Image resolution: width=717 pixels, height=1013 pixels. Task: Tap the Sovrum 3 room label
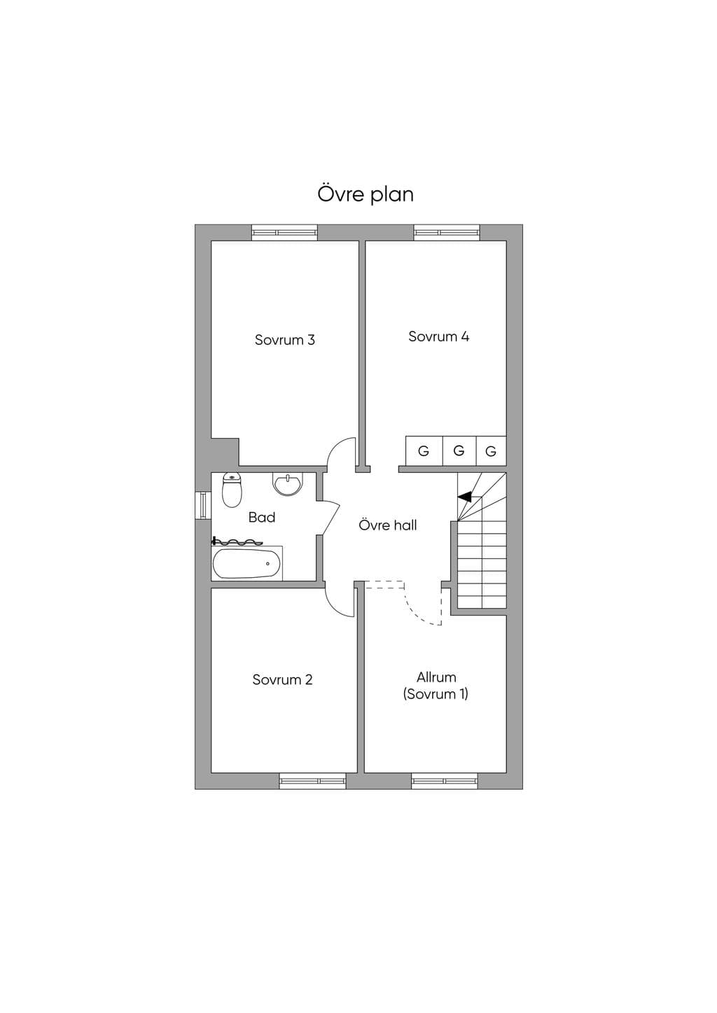click(285, 339)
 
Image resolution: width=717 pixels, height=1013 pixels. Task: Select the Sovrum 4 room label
click(438, 336)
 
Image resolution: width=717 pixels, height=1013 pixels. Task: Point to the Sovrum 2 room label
click(282, 680)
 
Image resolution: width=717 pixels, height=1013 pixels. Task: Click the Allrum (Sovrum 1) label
click(436, 686)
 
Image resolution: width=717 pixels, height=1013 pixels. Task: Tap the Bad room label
click(262, 518)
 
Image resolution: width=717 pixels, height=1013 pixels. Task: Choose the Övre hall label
click(387, 525)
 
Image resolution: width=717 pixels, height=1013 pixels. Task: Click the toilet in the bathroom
click(232, 490)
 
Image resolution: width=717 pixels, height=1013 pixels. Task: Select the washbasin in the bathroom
click(287, 484)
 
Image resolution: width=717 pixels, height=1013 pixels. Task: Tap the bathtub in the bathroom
click(246, 563)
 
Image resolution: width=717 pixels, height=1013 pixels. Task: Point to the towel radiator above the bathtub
click(237, 541)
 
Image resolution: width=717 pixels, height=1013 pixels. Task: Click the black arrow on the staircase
click(464, 497)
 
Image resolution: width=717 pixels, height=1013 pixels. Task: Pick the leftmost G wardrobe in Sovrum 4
click(424, 451)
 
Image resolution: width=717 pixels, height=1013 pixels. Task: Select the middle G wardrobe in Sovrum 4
click(459, 451)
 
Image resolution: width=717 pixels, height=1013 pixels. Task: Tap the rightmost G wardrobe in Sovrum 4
click(491, 451)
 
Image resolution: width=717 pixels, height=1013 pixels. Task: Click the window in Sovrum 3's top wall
click(285, 232)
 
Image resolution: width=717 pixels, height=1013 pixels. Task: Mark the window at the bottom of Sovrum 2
click(312, 781)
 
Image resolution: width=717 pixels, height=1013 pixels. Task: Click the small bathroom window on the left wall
click(203, 505)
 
